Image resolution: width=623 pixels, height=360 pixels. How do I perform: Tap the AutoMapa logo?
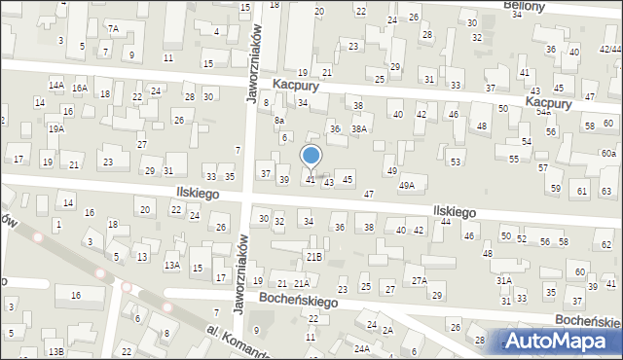tap(562, 341)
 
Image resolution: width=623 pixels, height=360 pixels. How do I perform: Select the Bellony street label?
tap(523, 5)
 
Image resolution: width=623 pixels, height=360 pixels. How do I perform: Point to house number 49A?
tap(407, 185)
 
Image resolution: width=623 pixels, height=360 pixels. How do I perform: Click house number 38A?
tap(359, 128)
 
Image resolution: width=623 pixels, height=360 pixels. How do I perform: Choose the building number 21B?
tap(313, 257)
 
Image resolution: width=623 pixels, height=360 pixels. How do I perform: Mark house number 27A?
tap(419, 280)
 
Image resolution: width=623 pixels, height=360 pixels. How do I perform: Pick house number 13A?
tap(171, 265)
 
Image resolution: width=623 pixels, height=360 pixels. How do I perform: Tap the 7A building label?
tap(113, 29)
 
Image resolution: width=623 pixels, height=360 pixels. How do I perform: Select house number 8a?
tap(278, 120)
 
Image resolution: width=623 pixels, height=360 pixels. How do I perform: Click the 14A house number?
tap(56, 86)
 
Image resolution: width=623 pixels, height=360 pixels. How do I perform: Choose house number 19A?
tap(56, 128)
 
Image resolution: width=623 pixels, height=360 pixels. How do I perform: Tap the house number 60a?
tap(607, 154)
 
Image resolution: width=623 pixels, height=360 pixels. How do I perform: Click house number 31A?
tap(504, 280)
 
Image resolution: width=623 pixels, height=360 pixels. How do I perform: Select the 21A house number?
tap(302, 283)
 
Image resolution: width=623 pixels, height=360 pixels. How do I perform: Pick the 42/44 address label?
tap(610, 50)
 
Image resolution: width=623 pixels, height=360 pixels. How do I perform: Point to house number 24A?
tap(362, 347)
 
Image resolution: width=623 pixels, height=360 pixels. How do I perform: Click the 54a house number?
tap(543, 112)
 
